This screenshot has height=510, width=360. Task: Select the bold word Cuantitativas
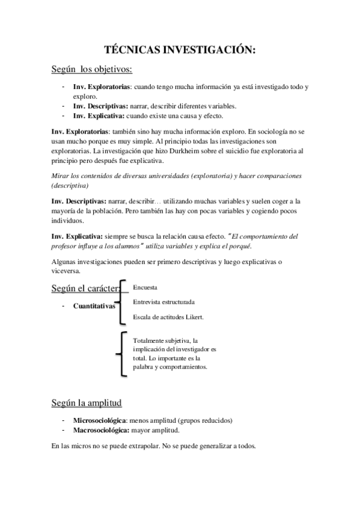pyautogui.click(x=94, y=306)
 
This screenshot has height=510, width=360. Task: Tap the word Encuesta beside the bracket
pyautogui.click(x=145, y=287)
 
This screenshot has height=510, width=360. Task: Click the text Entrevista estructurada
pyautogui.click(x=164, y=302)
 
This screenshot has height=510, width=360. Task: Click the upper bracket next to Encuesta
pyautogui.click(x=123, y=301)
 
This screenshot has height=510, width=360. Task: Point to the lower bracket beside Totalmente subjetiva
pyautogui.click(x=123, y=353)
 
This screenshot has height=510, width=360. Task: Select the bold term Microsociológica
pyautogui.click(x=100, y=420)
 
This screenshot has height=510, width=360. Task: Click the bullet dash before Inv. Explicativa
pyautogui.click(x=63, y=115)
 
